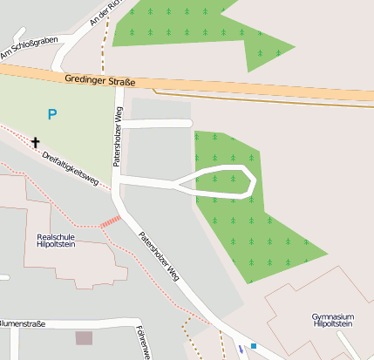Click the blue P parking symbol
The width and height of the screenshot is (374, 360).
[52, 114]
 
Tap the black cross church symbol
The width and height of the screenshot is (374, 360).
[36, 141]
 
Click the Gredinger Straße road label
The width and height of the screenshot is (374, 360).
[100, 81]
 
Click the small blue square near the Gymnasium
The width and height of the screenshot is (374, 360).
[254, 346]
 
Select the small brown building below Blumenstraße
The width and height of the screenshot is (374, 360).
[84, 337]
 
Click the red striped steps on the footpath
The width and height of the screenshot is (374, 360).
[110, 222]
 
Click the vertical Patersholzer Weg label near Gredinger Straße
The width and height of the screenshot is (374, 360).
[116, 137]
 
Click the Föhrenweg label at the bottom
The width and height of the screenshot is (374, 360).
[140, 343]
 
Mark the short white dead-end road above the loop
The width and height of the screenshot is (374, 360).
[157, 124]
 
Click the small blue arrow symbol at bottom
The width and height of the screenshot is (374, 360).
[241, 349]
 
